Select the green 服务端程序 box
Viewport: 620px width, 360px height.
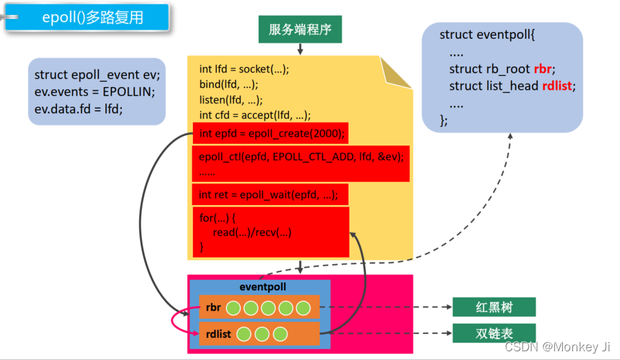point(300,29)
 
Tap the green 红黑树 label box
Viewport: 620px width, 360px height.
point(494,308)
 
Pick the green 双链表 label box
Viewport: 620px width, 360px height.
point(494,333)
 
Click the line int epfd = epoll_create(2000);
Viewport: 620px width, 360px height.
point(271,134)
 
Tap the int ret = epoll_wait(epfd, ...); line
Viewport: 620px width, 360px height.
point(269,195)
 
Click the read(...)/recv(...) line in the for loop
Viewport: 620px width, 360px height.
point(252,232)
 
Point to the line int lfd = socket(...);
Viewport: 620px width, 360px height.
point(244,69)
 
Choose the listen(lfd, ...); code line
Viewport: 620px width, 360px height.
point(231,100)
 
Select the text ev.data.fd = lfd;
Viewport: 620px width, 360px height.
point(78,109)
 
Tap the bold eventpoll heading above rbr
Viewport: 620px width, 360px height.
point(263,287)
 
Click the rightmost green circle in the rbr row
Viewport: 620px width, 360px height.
point(303,308)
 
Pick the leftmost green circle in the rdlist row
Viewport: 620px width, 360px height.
point(245,334)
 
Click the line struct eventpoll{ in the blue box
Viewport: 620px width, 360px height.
point(487,34)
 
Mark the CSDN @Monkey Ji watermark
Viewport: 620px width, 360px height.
point(557,347)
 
